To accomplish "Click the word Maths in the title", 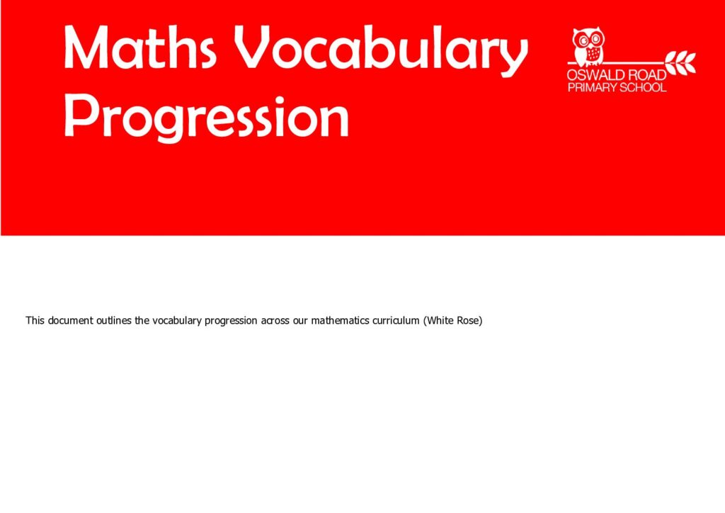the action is click(x=139, y=47).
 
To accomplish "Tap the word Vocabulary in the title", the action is click(x=380, y=50).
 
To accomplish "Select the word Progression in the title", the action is click(x=206, y=116).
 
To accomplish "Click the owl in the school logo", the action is click(x=588, y=46).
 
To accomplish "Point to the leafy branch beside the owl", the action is click(x=680, y=62).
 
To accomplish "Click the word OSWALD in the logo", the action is click(x=594, y=75).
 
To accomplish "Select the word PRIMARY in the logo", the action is click(x=592, y=87).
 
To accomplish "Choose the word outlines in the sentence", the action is click(x=114, y=320).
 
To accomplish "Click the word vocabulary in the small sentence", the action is click(x=177, y=321).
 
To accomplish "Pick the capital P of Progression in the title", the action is click(x=79, y=114).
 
